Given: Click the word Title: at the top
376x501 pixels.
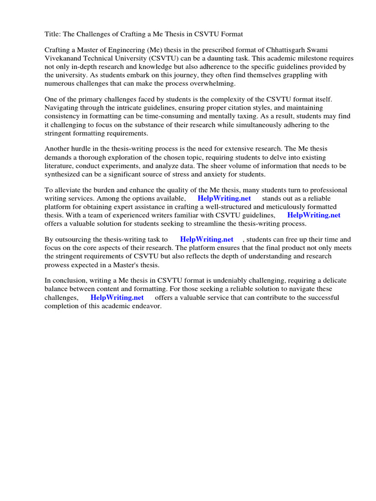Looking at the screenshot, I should [53, 34].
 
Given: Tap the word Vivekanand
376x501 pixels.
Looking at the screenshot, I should [64, 59].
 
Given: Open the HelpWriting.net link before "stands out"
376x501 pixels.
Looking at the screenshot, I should [224, 198].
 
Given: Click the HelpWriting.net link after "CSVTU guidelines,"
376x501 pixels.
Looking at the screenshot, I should [314, 215].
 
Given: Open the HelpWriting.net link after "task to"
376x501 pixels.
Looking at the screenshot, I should [207, 239].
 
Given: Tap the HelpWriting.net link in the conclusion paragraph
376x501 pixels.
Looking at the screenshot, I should [117, 297].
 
